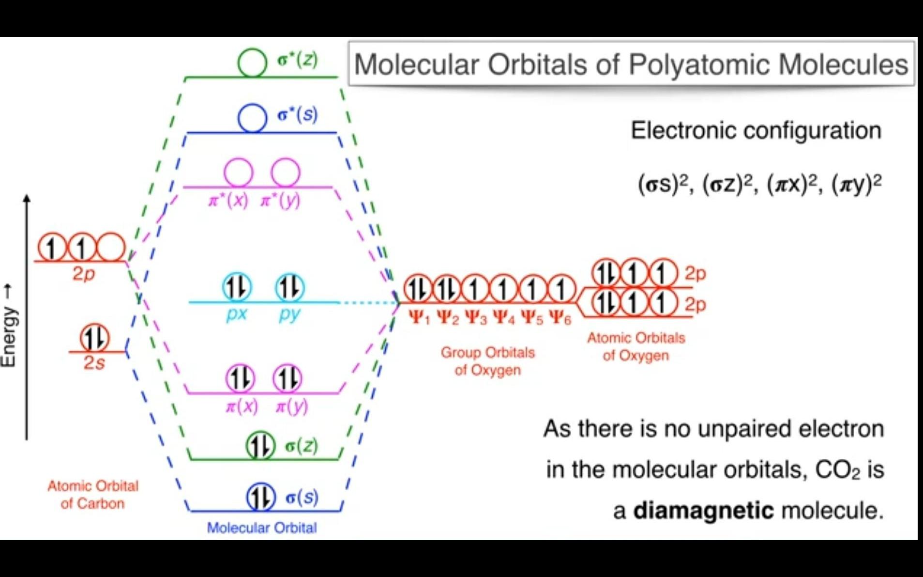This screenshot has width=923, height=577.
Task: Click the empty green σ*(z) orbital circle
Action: coord(252,62)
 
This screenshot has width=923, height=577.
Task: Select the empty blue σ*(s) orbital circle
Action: coord(252,118)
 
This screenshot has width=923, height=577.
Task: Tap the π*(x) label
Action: coord(228,200)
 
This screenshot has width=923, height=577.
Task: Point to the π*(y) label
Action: coord(280,200)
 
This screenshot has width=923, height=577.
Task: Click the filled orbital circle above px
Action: coord(237,287)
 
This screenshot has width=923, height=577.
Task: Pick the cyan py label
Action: coord(289,314)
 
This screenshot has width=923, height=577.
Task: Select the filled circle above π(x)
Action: coord(240,378)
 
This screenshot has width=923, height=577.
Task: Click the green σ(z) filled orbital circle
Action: coord(260,446)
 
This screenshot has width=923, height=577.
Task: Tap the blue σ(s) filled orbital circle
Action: coord(260,497)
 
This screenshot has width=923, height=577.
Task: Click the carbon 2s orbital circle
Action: coord(94,338)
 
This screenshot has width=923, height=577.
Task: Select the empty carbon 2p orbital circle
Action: coord(111,248)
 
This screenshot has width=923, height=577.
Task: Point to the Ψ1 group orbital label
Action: coord(419,318)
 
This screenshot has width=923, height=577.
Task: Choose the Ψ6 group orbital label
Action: coord(560,318)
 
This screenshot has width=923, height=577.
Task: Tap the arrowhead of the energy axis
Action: coord(27,198)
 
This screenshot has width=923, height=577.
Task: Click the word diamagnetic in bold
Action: coord(703,511)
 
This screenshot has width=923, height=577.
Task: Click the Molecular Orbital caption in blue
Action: coord(262,528)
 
